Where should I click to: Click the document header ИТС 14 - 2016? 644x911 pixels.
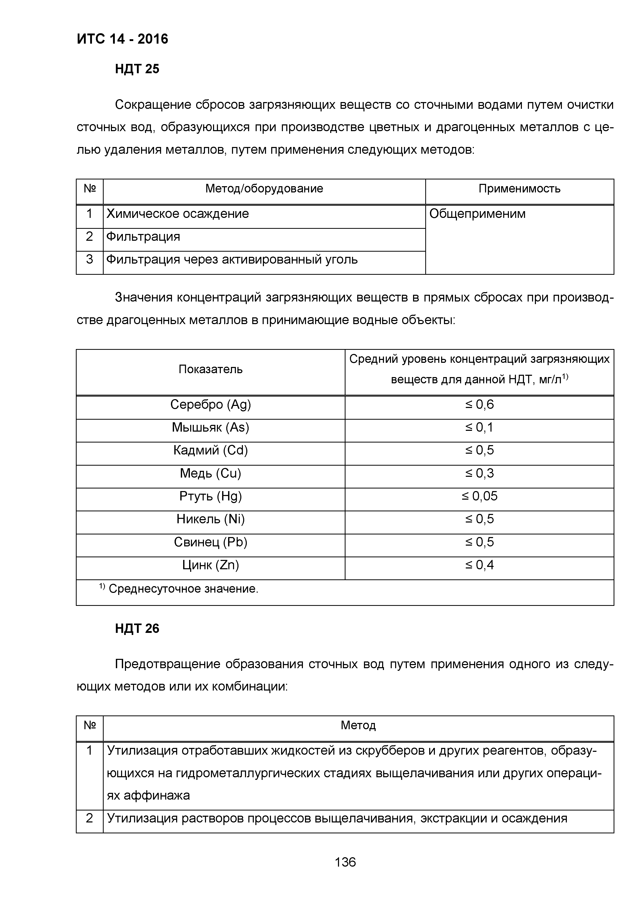point(123,39)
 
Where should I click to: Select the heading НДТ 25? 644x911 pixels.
point(137,69)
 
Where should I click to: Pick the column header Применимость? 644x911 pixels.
point(519,189)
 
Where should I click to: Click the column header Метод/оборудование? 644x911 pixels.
point(264,189)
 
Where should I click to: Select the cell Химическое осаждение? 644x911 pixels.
point(178,214)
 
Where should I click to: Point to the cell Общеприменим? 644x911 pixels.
point(477,214)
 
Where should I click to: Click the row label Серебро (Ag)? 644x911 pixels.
point(210,404)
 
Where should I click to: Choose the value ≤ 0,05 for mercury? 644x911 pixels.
point(479,496)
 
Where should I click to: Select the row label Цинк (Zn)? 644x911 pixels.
point(210,565)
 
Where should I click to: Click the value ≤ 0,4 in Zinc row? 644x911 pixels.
point(479,565)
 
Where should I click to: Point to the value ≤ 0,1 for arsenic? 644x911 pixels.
point(479,427)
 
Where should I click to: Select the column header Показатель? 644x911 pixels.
point(210,369)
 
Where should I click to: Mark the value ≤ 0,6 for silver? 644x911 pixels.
point(479,404)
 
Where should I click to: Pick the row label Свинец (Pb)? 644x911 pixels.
point(210,542)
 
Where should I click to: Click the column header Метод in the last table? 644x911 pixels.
point(358,725)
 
